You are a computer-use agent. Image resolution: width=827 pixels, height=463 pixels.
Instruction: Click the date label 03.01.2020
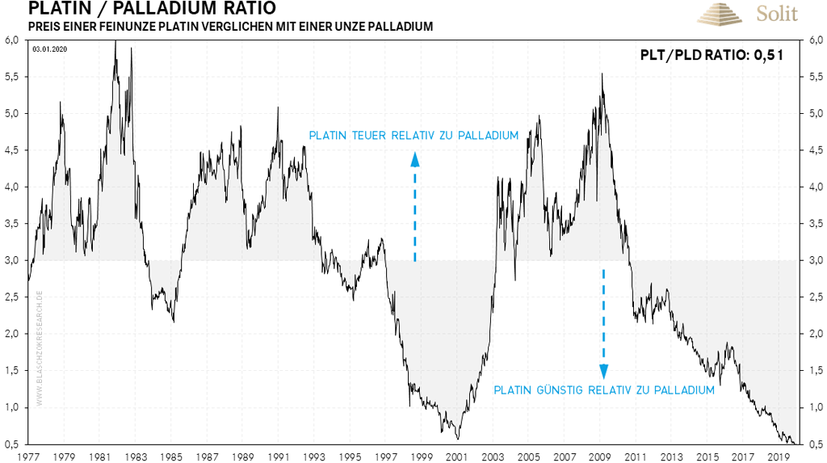(x=49, y=49)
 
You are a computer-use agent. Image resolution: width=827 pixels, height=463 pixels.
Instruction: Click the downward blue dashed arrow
(x=603, y=323)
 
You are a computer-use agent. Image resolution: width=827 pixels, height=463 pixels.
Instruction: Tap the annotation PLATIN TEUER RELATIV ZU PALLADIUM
(x=413, y=136)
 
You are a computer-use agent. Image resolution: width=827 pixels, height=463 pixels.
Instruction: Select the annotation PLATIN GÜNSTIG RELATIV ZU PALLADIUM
(x=604, y=390)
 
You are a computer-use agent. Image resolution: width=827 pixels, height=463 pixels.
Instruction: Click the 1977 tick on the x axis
(x=28, y=455)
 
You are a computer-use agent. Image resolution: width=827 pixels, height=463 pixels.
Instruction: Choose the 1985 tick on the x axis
(x=172, y=455)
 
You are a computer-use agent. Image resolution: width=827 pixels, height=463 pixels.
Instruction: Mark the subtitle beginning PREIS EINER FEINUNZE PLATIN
(x=230, y=27)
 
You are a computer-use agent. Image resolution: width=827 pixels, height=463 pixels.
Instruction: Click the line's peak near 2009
(x=602, y=74)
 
